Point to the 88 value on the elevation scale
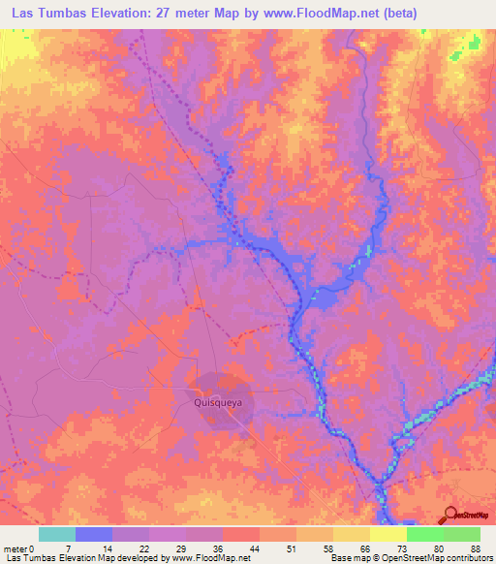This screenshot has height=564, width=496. coord(476,548)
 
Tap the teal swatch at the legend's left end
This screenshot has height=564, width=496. coord(57,534)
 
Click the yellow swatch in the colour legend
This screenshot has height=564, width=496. coord(387,534)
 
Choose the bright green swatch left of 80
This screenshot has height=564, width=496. coord(424,534)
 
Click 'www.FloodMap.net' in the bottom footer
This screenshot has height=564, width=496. coord(204,558)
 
